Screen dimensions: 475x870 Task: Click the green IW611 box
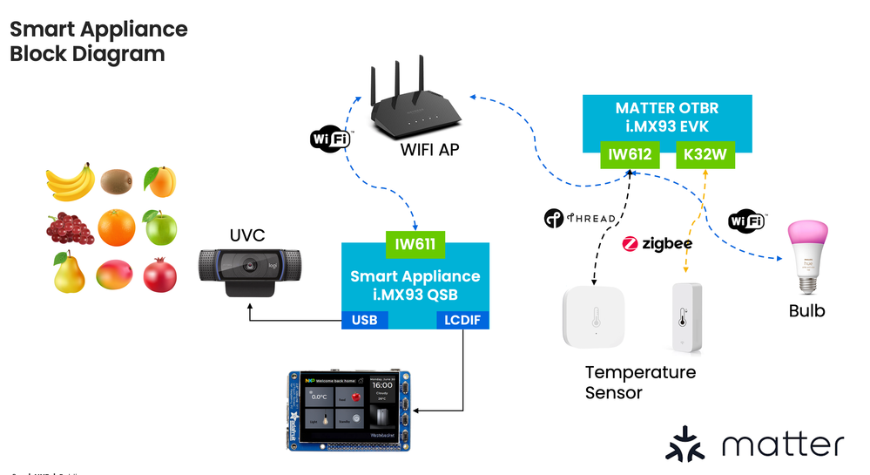tap(415, 245)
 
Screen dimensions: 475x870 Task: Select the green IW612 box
tap(629, 157)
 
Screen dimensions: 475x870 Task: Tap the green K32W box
tap(706, 157)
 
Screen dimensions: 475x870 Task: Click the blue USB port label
tap(364, 321)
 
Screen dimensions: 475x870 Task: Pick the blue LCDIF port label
tap(462, 321)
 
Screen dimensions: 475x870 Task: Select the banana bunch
tap(70, 182)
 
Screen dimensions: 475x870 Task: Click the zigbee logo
tap(657, 244)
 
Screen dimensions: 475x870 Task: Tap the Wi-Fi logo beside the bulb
tap(747, 221)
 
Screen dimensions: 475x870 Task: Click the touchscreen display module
tap(348, 409)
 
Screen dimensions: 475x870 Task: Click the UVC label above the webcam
tap(246, 235)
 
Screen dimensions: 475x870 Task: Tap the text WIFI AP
tap(429, 150)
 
